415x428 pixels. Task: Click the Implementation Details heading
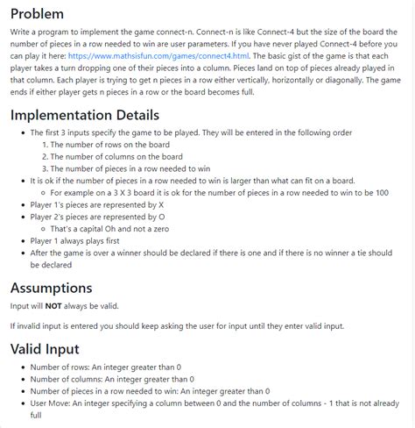(x=84, y=115)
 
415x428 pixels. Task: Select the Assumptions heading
(x=51, y=288)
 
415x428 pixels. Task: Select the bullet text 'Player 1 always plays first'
(x=82, y=240)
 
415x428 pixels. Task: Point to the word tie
(x=362, y=252)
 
